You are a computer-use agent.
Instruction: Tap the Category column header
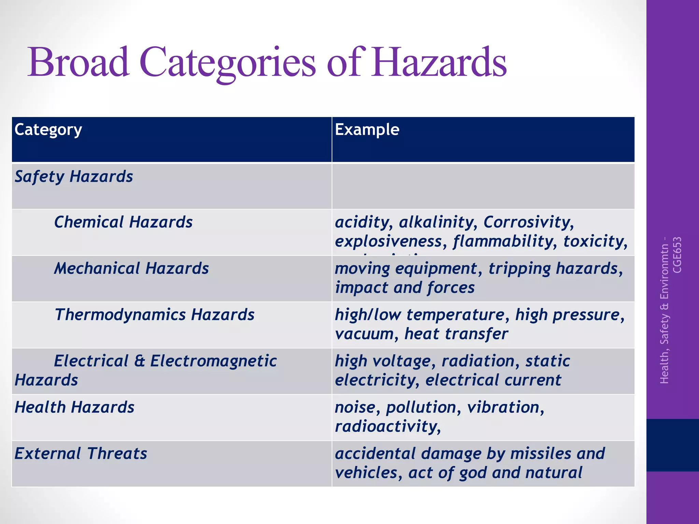48,130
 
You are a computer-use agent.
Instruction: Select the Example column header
367,130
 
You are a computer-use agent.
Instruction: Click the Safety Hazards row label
74,177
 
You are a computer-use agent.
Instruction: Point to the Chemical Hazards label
123,222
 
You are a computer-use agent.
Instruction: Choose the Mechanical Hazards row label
131,268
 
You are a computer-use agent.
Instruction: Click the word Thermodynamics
120,315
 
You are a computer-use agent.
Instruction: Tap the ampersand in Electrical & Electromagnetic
139,361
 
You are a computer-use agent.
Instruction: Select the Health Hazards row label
74,407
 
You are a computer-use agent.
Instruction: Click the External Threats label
81,454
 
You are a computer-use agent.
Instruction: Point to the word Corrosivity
528,222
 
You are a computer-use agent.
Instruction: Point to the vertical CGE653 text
677,255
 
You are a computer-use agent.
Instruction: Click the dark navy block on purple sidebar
672,445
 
